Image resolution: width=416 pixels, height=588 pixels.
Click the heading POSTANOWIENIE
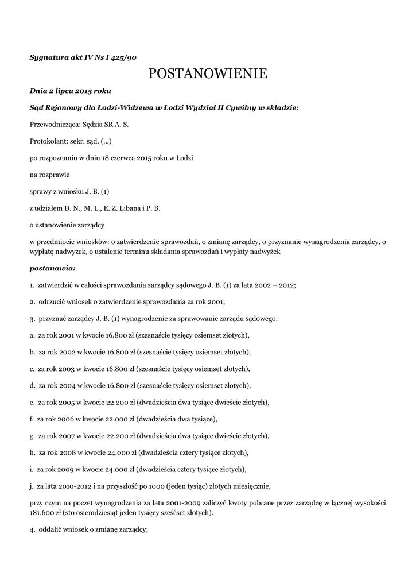tap(208, 73)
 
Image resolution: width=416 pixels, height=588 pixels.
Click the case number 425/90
tap(123, 57)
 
